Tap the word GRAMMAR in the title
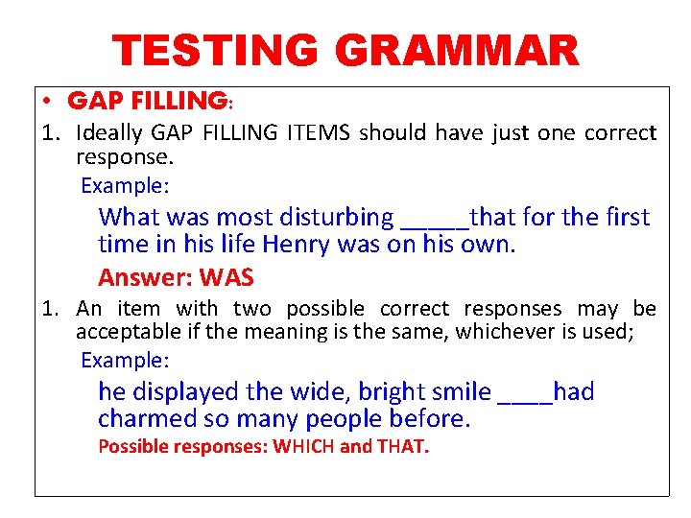click(465, 51)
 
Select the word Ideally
click(109, 132)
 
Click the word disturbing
click(334, 218)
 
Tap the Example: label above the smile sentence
click(125, 361)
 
